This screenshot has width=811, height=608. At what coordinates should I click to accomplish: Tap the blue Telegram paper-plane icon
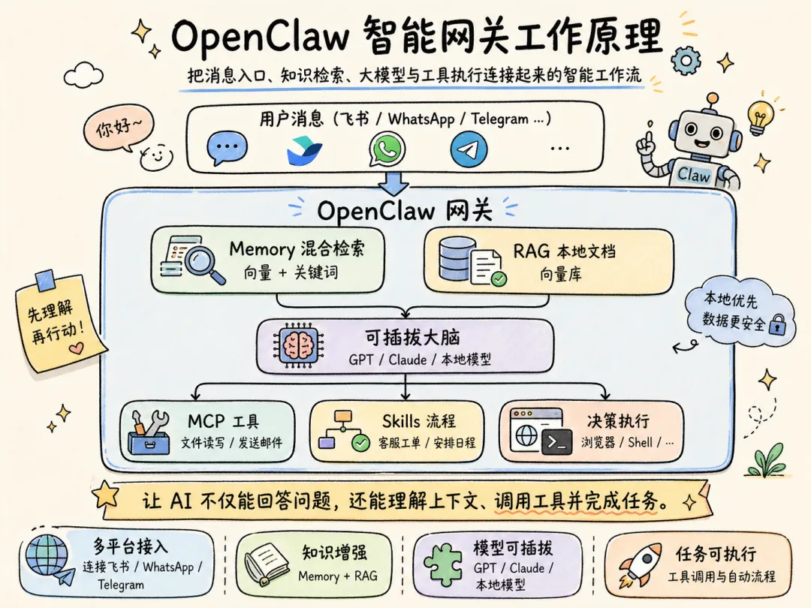tap(469, 149)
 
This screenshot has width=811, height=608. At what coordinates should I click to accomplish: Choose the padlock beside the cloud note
tap(778, 324)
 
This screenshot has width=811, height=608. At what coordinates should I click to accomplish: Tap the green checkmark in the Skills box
tap(361, 444)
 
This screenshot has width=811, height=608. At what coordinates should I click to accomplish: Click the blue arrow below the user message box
tap(393, 182)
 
